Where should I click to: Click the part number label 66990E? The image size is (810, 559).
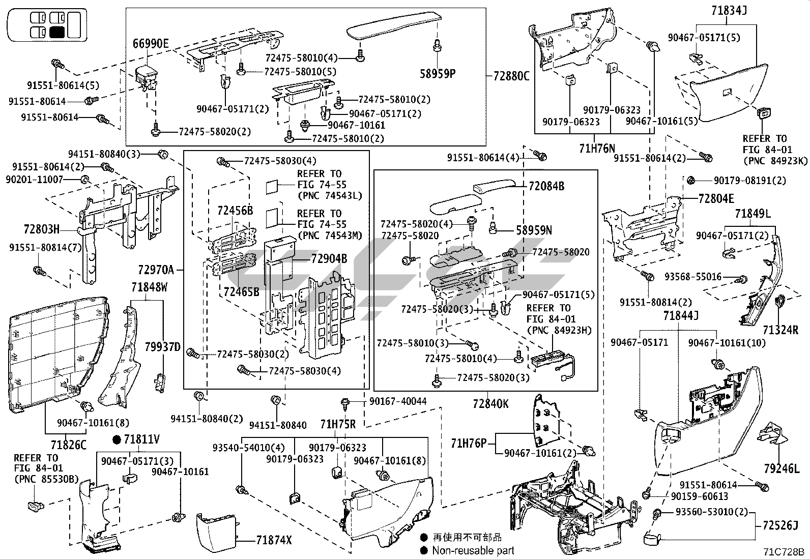click(151, 44)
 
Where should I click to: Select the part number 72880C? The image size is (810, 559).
click(511, 77)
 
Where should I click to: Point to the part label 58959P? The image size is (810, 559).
click(438, 73)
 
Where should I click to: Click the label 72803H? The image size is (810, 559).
click(41, 229)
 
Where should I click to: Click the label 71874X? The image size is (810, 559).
click(274, 540)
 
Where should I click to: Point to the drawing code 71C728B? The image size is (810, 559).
click(783, 552)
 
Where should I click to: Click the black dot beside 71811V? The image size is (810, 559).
click(117, 439)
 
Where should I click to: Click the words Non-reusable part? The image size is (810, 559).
click(473, 550)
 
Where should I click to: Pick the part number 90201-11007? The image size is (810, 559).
click(34, 180)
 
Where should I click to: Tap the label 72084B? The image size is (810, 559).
click(546, 187)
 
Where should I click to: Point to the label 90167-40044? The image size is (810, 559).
click(398, 402)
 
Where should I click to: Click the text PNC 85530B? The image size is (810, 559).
click(47, 479)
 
